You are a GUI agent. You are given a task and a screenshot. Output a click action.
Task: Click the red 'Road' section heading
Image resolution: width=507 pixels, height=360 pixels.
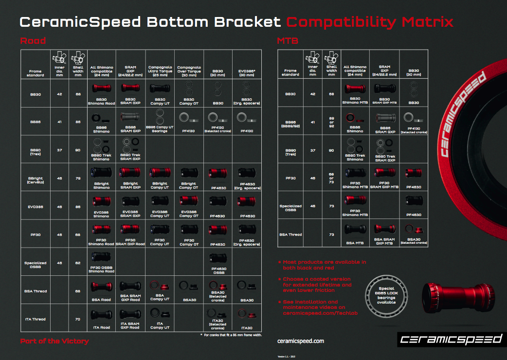[x=33, y=40]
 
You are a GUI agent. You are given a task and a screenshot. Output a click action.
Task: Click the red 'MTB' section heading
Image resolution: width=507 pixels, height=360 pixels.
[x=288, y=40]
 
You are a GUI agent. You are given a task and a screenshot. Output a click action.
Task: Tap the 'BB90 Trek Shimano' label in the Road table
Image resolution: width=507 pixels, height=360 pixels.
[x=102, y=157]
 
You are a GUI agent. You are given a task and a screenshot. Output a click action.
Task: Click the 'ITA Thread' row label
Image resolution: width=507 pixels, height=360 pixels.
[x=35, y=319]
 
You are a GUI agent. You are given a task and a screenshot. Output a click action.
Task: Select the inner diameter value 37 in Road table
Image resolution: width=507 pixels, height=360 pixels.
[x=59, y=150]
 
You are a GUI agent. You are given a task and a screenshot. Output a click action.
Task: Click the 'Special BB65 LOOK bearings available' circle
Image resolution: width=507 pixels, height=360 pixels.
[x=388, y=294]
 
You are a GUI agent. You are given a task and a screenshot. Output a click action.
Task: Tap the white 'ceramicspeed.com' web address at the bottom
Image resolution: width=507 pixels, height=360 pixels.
[x=304, y=341]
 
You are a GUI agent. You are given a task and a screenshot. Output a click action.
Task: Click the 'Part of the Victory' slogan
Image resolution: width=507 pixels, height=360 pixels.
[x=54, y=341]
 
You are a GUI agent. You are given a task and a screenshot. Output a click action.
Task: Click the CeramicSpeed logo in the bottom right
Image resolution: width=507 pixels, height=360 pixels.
[x=450, y=339]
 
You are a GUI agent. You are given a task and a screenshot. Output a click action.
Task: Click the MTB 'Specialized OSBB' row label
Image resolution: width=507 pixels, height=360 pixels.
[x=290, y=208]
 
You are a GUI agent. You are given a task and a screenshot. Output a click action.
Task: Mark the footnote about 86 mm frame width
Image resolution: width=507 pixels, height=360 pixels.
[x=232, y=335]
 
